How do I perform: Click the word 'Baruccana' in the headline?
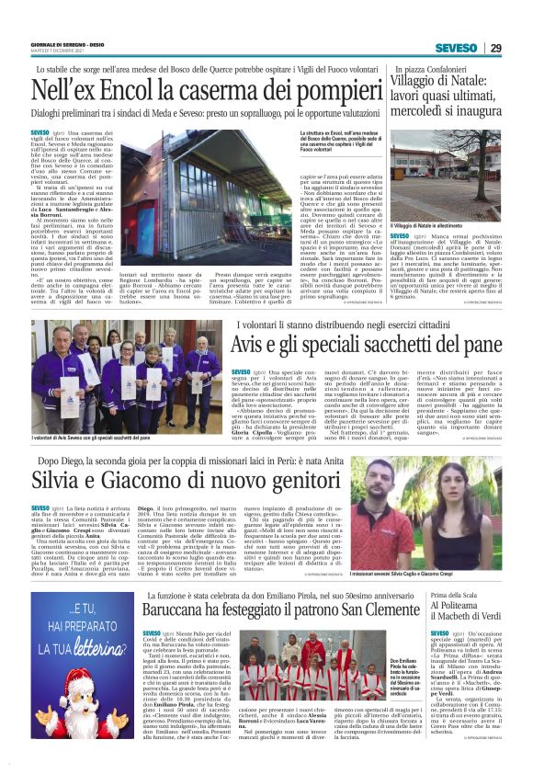tap(182, 632)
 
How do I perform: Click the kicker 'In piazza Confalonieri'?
tap(432, 69)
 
